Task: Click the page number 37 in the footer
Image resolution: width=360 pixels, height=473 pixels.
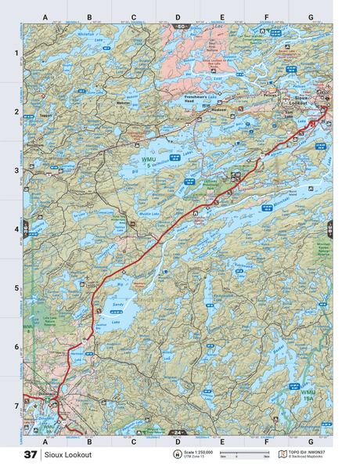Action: point(30,454)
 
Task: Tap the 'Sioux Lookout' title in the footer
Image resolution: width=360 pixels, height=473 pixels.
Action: point(68,454)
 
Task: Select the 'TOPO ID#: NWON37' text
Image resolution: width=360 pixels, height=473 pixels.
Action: point(310,451)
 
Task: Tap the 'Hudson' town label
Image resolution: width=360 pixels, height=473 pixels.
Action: point(218,110)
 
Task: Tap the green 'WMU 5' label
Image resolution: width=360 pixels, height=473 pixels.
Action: point(148,162)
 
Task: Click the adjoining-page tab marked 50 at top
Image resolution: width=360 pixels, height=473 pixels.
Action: point(178,27)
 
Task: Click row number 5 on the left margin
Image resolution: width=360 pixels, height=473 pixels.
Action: point(16,288)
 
